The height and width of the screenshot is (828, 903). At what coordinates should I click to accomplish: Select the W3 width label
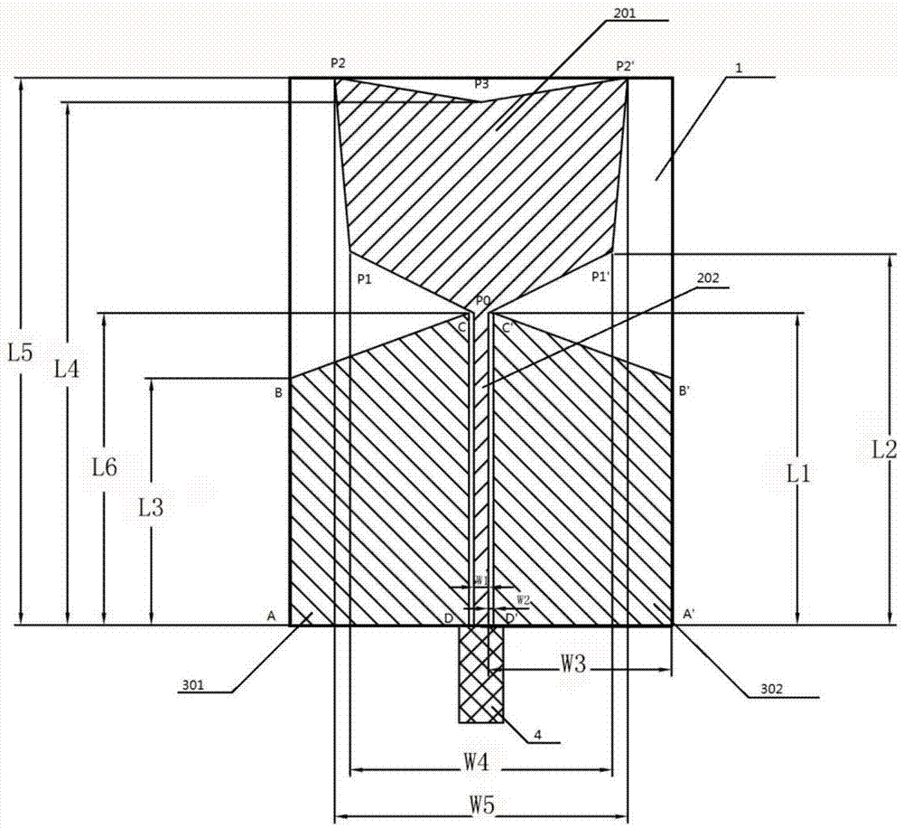tap(573, 665)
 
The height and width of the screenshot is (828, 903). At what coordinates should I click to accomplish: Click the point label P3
tap(482, 84)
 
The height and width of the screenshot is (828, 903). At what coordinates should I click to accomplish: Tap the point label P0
tap(482, 299)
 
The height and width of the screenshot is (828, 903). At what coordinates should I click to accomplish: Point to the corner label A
tap(271, 615)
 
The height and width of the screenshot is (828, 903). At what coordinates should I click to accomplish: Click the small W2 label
tap(523, 598)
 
